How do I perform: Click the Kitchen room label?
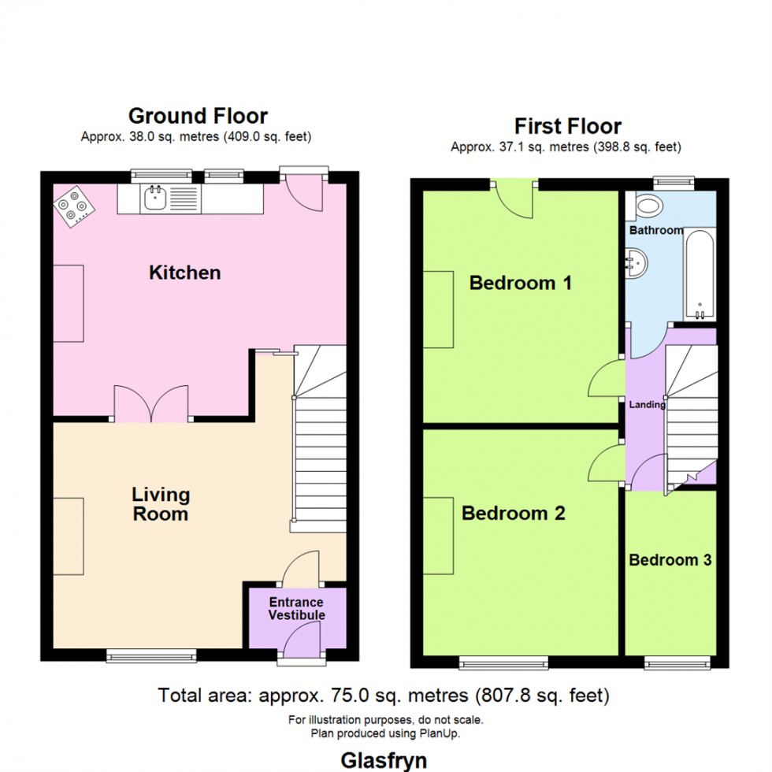tap(185, 273)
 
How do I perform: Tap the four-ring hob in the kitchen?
tap(72, 207)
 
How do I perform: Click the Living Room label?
tap(161, 504)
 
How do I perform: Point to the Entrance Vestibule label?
tap(296, 609)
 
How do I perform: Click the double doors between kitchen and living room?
tap(151, 403)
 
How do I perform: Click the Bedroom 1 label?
tap(520, 283)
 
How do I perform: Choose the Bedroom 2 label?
tap(514, 514)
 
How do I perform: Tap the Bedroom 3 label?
tap(670, 560)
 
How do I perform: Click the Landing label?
tap(647, 405)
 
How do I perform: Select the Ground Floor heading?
tap(198, 117)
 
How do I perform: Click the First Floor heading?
tap(567, 126)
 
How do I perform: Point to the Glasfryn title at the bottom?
tap(384, 760)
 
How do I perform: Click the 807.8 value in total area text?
tap(502, 696)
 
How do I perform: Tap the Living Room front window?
tap(151, 655)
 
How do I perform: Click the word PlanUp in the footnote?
tap(443, 733)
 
